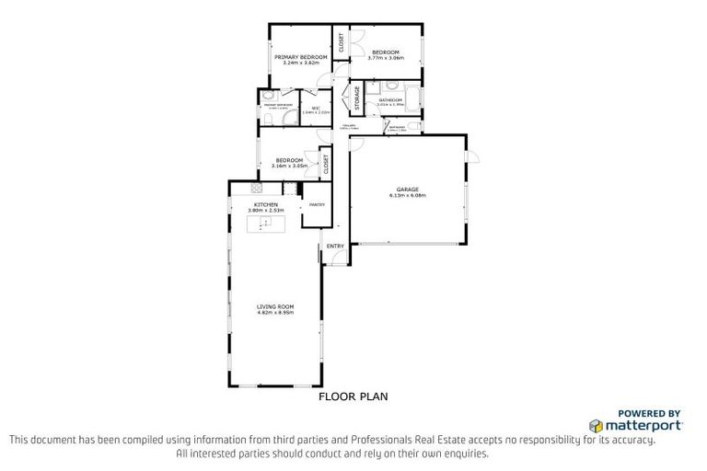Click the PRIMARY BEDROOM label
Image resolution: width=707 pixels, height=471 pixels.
[x=302, y=57]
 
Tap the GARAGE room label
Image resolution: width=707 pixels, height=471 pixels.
[x=407, y=190]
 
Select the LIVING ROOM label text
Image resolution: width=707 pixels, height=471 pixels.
[x=275, y=306]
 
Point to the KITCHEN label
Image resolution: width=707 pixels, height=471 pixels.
[x=266, y=204]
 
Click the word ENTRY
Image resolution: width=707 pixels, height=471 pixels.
[x=335, y=246]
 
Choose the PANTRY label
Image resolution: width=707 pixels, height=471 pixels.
[x=317, y=204]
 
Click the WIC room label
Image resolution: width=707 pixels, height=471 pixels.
[x=315, y=109]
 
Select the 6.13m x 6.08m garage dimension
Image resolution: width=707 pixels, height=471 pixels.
[x=407, y=196]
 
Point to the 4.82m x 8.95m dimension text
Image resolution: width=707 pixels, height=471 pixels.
[x=275, y=313]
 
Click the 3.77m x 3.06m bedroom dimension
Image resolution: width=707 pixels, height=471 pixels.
[x=385, y=58]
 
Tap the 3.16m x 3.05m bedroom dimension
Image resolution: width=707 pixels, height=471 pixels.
[x=289, y=167]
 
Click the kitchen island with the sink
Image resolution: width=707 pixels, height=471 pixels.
[x=266, y=224]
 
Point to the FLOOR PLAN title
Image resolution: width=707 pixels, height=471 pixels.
[x=353, y=397]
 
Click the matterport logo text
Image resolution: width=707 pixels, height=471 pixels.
[x=642, y=425]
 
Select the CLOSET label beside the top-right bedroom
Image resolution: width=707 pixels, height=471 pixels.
[x=342, y=41]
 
